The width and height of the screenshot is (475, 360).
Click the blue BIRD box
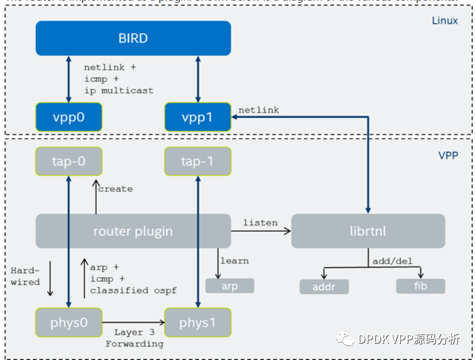(x=133, y=38)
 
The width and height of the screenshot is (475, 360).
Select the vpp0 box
(x=69, y=117)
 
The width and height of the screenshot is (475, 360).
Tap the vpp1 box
(x=198, y=117)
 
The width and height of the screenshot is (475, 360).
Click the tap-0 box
(x=69, y=161)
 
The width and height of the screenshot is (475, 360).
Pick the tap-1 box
(x=198, y=161)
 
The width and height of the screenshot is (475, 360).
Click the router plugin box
(x=133, y=231)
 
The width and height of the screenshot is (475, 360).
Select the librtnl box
(x=368, y=231)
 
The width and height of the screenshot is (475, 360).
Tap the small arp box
(x=229, y=286)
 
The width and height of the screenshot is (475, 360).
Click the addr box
(x=324, y=286)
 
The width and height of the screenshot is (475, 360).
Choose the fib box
(x=421, y=286)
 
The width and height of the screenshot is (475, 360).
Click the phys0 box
(x=69, y=322)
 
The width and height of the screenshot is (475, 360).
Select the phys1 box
(x=198, y=322)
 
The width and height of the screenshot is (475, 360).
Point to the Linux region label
(x=445, y=21)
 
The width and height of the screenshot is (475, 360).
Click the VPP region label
(x=448, y=155)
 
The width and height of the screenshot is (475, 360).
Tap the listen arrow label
(x=260, y=223)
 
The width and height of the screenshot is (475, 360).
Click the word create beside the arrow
(x=115, y=189)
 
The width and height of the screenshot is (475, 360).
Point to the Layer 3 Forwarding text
(x=134, y=338)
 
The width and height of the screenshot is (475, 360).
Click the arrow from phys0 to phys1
(x=133, y=322)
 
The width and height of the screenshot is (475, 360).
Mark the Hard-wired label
(x=25, y=276)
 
